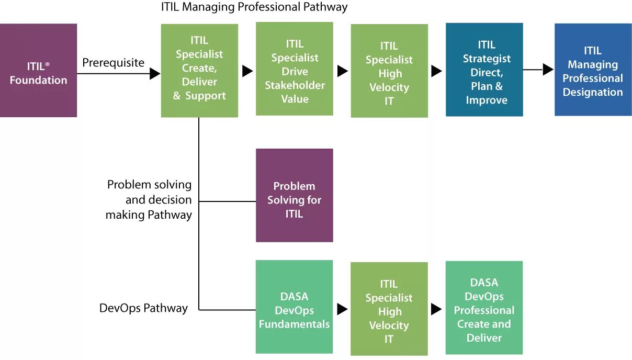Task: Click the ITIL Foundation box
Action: click(x=38, y=70)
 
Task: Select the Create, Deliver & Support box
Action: click(x=199, y=71)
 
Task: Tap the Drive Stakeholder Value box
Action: click(x=294, y=69)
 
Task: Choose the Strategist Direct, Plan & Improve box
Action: click(x=484, y=70)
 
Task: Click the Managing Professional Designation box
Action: click(x=593, y=70)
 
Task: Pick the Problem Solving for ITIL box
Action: click(x=294, y=195)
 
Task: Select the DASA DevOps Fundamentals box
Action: click(x=294, y=307)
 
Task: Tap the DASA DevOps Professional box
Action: click(x=484, y=308)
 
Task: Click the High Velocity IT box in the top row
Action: click(x=389, y=71)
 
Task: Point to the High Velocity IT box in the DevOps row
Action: click(x=389, y=309)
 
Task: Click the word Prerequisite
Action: click(x=113, y=63)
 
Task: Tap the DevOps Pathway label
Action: click(x=143, y=308)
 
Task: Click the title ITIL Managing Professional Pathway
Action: click(x=254, y=7)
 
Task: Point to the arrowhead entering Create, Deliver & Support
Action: click(x=155, y=74)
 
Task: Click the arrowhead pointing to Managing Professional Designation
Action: click(x=548, y=70)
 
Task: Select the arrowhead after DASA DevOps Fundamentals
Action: click(x=343, y=309)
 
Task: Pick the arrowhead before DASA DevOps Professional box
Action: click(x=436, y=309)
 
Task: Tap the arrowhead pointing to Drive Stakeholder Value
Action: click(x=247, y=71)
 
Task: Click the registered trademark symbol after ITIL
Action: click(x=47, y=64)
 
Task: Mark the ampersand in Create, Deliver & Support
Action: click(x=177, y=96)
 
